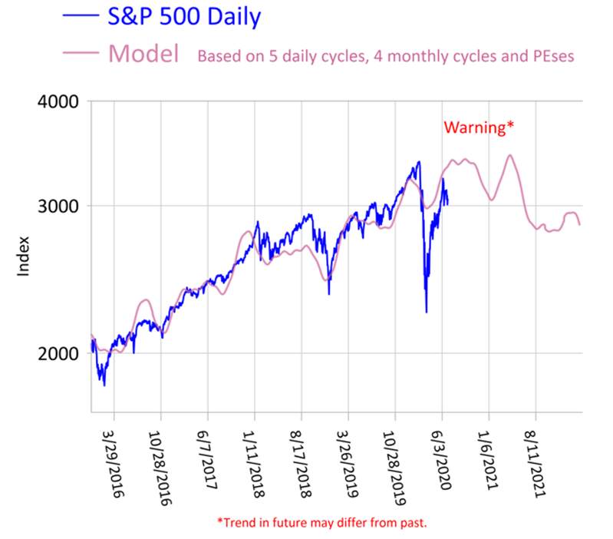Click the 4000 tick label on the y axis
point(59,101)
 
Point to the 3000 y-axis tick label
point(59,206)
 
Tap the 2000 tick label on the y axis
point(59,353)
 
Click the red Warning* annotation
point(475,127)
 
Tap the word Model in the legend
point(144,53)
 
